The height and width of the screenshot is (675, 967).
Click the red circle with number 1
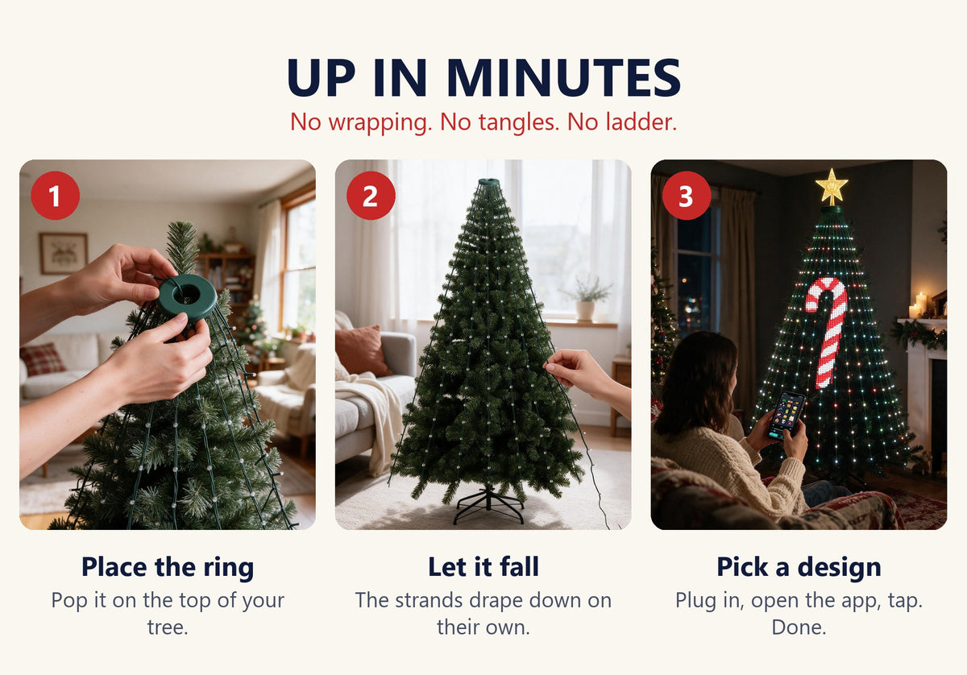tap(56, 196)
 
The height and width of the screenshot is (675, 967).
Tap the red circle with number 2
tap(371, 196)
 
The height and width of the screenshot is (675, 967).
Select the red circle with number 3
tap(687, 196)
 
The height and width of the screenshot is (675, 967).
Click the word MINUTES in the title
tap(563, 77)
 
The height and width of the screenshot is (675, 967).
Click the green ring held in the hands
tap(187, 297)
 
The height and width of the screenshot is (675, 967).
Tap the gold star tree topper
tap(832, 187)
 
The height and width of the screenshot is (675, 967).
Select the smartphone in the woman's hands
tap(786, 416)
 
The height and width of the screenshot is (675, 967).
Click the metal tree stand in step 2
tap(488, 505)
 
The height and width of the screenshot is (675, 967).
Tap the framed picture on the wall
tap(64, 254)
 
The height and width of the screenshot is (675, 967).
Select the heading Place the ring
tap(168, 567)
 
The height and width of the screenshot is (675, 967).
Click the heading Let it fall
tap(483, 567)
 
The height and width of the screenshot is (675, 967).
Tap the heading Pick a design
tap(799, 567)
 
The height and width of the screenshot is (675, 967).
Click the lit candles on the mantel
tap(919, 305)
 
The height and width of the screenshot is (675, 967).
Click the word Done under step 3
tap(799, 627)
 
